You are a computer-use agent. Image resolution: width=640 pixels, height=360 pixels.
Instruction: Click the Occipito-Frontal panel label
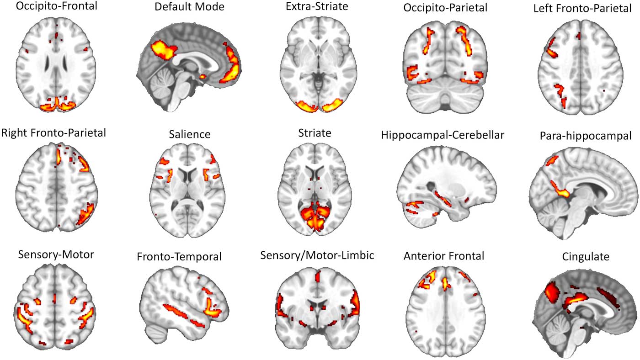click(x=56, y=8)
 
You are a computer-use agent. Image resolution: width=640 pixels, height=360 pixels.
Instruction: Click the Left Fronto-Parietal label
click(x=580, y=9)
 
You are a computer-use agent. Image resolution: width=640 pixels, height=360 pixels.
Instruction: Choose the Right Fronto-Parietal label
click(x=54, y=133)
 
